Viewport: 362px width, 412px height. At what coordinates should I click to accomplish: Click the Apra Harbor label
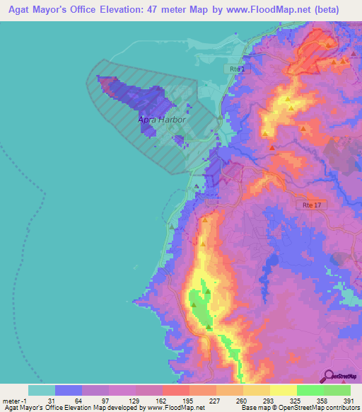coord(162,120)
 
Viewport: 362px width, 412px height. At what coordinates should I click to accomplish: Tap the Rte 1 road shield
coord(238,69)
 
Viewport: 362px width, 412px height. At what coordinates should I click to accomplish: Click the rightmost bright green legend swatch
coord(337,390)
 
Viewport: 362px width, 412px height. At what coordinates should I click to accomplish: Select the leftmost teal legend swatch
coord(42,390)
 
